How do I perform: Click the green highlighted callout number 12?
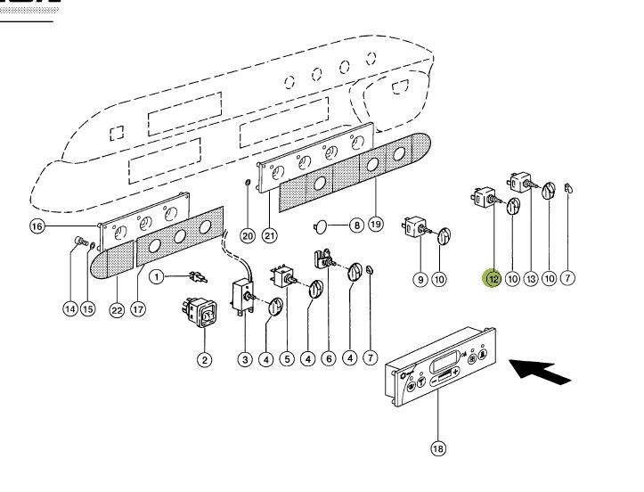(x=492, y=279)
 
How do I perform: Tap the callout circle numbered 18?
(x=437, y=449)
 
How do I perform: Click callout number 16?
(x=37, y=226)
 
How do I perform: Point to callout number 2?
(x=204, y=359)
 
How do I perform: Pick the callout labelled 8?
(x=355, y=226)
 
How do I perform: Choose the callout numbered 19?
(x=376, y=225)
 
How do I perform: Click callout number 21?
(x=269, y=235)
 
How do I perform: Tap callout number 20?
(x=248, y=235)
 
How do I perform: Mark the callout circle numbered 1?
(x=157, y=276)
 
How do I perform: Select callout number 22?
(x=117, y=309)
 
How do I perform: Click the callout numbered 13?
(x=531, y=279)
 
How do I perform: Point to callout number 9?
(x=420, y=279)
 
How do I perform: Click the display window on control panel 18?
(x=444, y=367)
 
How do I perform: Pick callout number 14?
(x=69, y=309)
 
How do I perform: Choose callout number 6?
(x=328, y=359)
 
